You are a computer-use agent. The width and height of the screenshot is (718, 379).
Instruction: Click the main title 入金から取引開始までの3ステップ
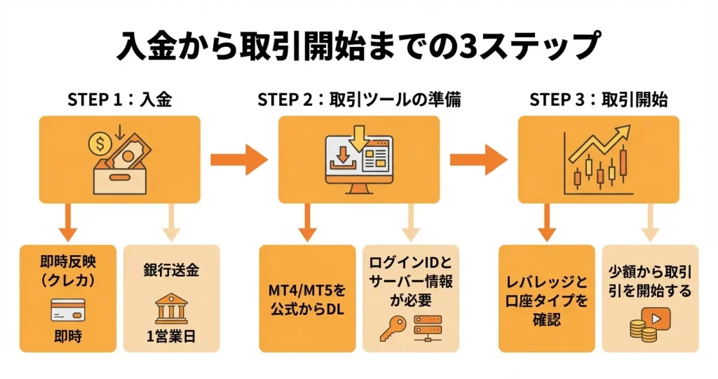(x=358, y=47)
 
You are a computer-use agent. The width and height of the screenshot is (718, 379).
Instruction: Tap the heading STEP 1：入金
(x=120, y=100)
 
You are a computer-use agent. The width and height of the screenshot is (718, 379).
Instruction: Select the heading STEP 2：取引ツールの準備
(x=359, y=100)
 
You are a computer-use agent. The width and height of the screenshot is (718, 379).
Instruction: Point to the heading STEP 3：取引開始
(x=598, y=100)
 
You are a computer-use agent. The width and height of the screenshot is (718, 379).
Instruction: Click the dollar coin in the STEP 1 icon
(x=100, y=144)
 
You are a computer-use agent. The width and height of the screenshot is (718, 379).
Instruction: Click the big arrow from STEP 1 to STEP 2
(x=239, y=160)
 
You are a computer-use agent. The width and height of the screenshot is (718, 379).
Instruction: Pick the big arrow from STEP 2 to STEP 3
(x=478, y=160)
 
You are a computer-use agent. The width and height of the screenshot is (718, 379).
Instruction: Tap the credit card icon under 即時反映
(x=68, y=309)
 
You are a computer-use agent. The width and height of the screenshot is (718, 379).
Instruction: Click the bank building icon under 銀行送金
(x=171, y=308)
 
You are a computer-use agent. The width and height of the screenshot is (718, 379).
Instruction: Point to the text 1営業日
(x=171, y=336)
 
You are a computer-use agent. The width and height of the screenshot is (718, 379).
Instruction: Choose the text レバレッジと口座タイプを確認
(x=547, y=301)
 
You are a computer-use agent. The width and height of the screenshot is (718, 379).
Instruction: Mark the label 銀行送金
(x=171, y=270)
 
